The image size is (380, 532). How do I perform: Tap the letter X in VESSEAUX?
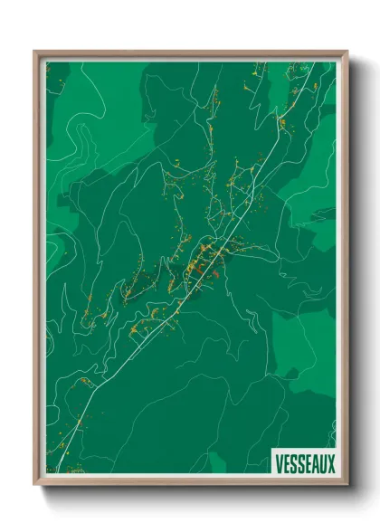[x=330, y=464]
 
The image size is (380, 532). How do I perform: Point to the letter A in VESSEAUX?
[x=310, y=464]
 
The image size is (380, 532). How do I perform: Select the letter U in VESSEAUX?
[x=320, y=464]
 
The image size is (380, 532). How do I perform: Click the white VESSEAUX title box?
[x=303, y=463]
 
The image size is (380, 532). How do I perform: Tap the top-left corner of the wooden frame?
[x=35, y=52]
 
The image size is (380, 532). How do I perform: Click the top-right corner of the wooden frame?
[x=346, y=52]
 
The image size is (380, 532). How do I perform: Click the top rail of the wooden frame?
[x=190, y=54]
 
